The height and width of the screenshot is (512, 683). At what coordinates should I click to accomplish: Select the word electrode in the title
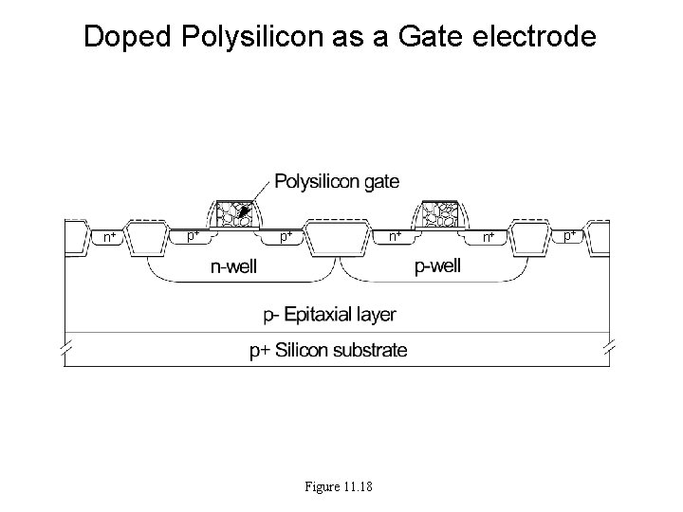[x=540, y=37]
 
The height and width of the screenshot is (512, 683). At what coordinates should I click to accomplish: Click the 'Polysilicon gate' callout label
[x=337, y=181]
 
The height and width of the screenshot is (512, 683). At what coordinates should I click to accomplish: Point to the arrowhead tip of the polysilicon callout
[x=244, y=211]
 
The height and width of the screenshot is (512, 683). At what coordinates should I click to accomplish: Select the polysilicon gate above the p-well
[x=439, y=215]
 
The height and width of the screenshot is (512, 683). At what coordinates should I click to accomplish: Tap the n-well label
[x=233, y=267]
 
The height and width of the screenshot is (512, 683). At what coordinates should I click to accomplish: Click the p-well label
[x=438, y=266]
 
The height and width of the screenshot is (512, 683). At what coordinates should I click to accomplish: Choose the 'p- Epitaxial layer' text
[x=329, y=314]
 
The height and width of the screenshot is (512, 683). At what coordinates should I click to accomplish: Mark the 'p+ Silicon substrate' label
[x=328, y=351]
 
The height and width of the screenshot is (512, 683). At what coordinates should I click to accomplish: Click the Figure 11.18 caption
[x=339, y=487]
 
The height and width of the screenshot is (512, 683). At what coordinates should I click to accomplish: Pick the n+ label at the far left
[x=110, y=235]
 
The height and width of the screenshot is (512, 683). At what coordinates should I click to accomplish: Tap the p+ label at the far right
[x=570, y=233]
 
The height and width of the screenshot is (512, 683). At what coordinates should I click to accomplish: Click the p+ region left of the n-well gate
[x=192, y=233]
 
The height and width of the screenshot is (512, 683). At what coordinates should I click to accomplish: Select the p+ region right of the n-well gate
[x=285, y=235]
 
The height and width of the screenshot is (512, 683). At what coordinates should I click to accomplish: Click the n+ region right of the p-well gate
[x=489, y=235]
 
